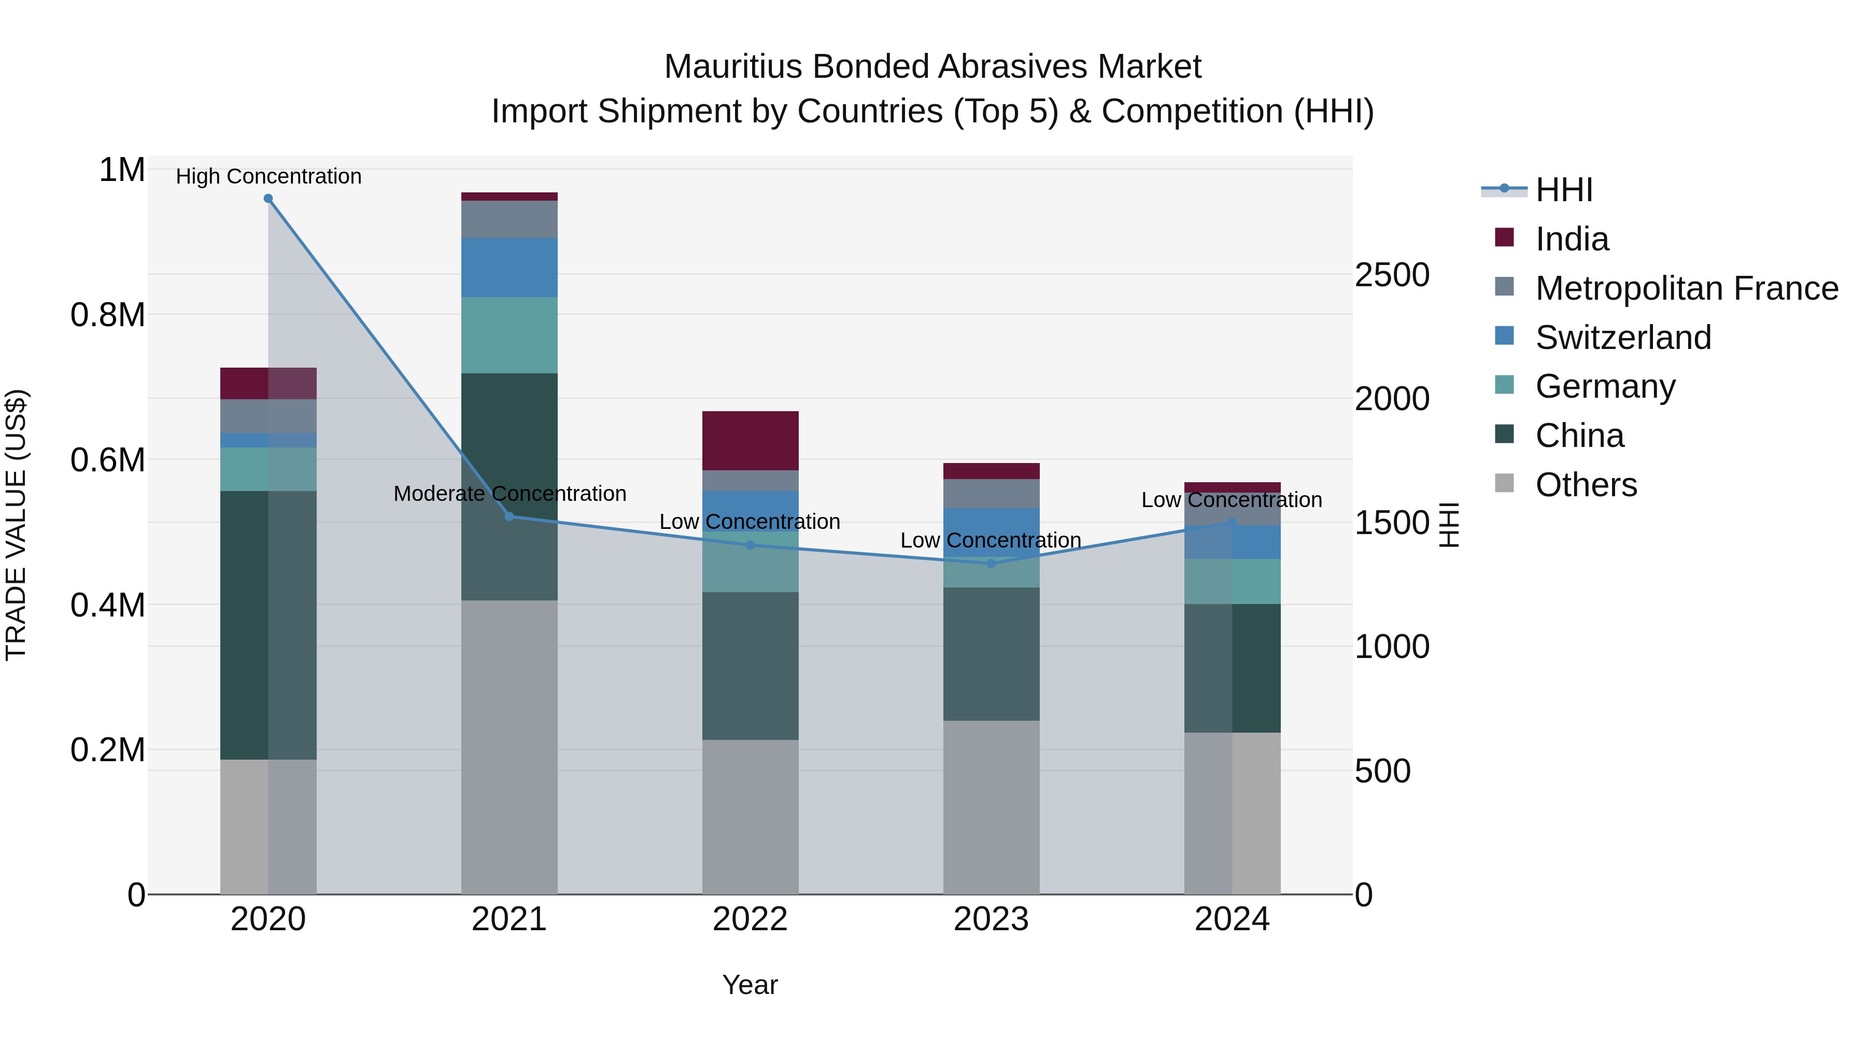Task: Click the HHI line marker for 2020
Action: (x=268, y=199)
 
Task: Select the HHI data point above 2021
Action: (x=509, y=516)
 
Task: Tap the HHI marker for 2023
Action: (x=992, y=564)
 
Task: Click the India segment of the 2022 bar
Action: (x=751, y=441)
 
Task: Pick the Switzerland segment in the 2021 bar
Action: (x=509, y=268)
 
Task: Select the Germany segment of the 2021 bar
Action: (x=509, y=335)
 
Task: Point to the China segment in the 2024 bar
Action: (x=1232, y=668)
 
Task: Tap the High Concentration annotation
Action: (x=268, y=177)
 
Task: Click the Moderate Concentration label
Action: (x=509, y=494)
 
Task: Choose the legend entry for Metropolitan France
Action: (x=1686, y=288)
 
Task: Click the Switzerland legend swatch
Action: (x=1505, y=336)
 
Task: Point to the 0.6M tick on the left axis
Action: (x=108, y=460)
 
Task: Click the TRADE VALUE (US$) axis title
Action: (x=16, y=525)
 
